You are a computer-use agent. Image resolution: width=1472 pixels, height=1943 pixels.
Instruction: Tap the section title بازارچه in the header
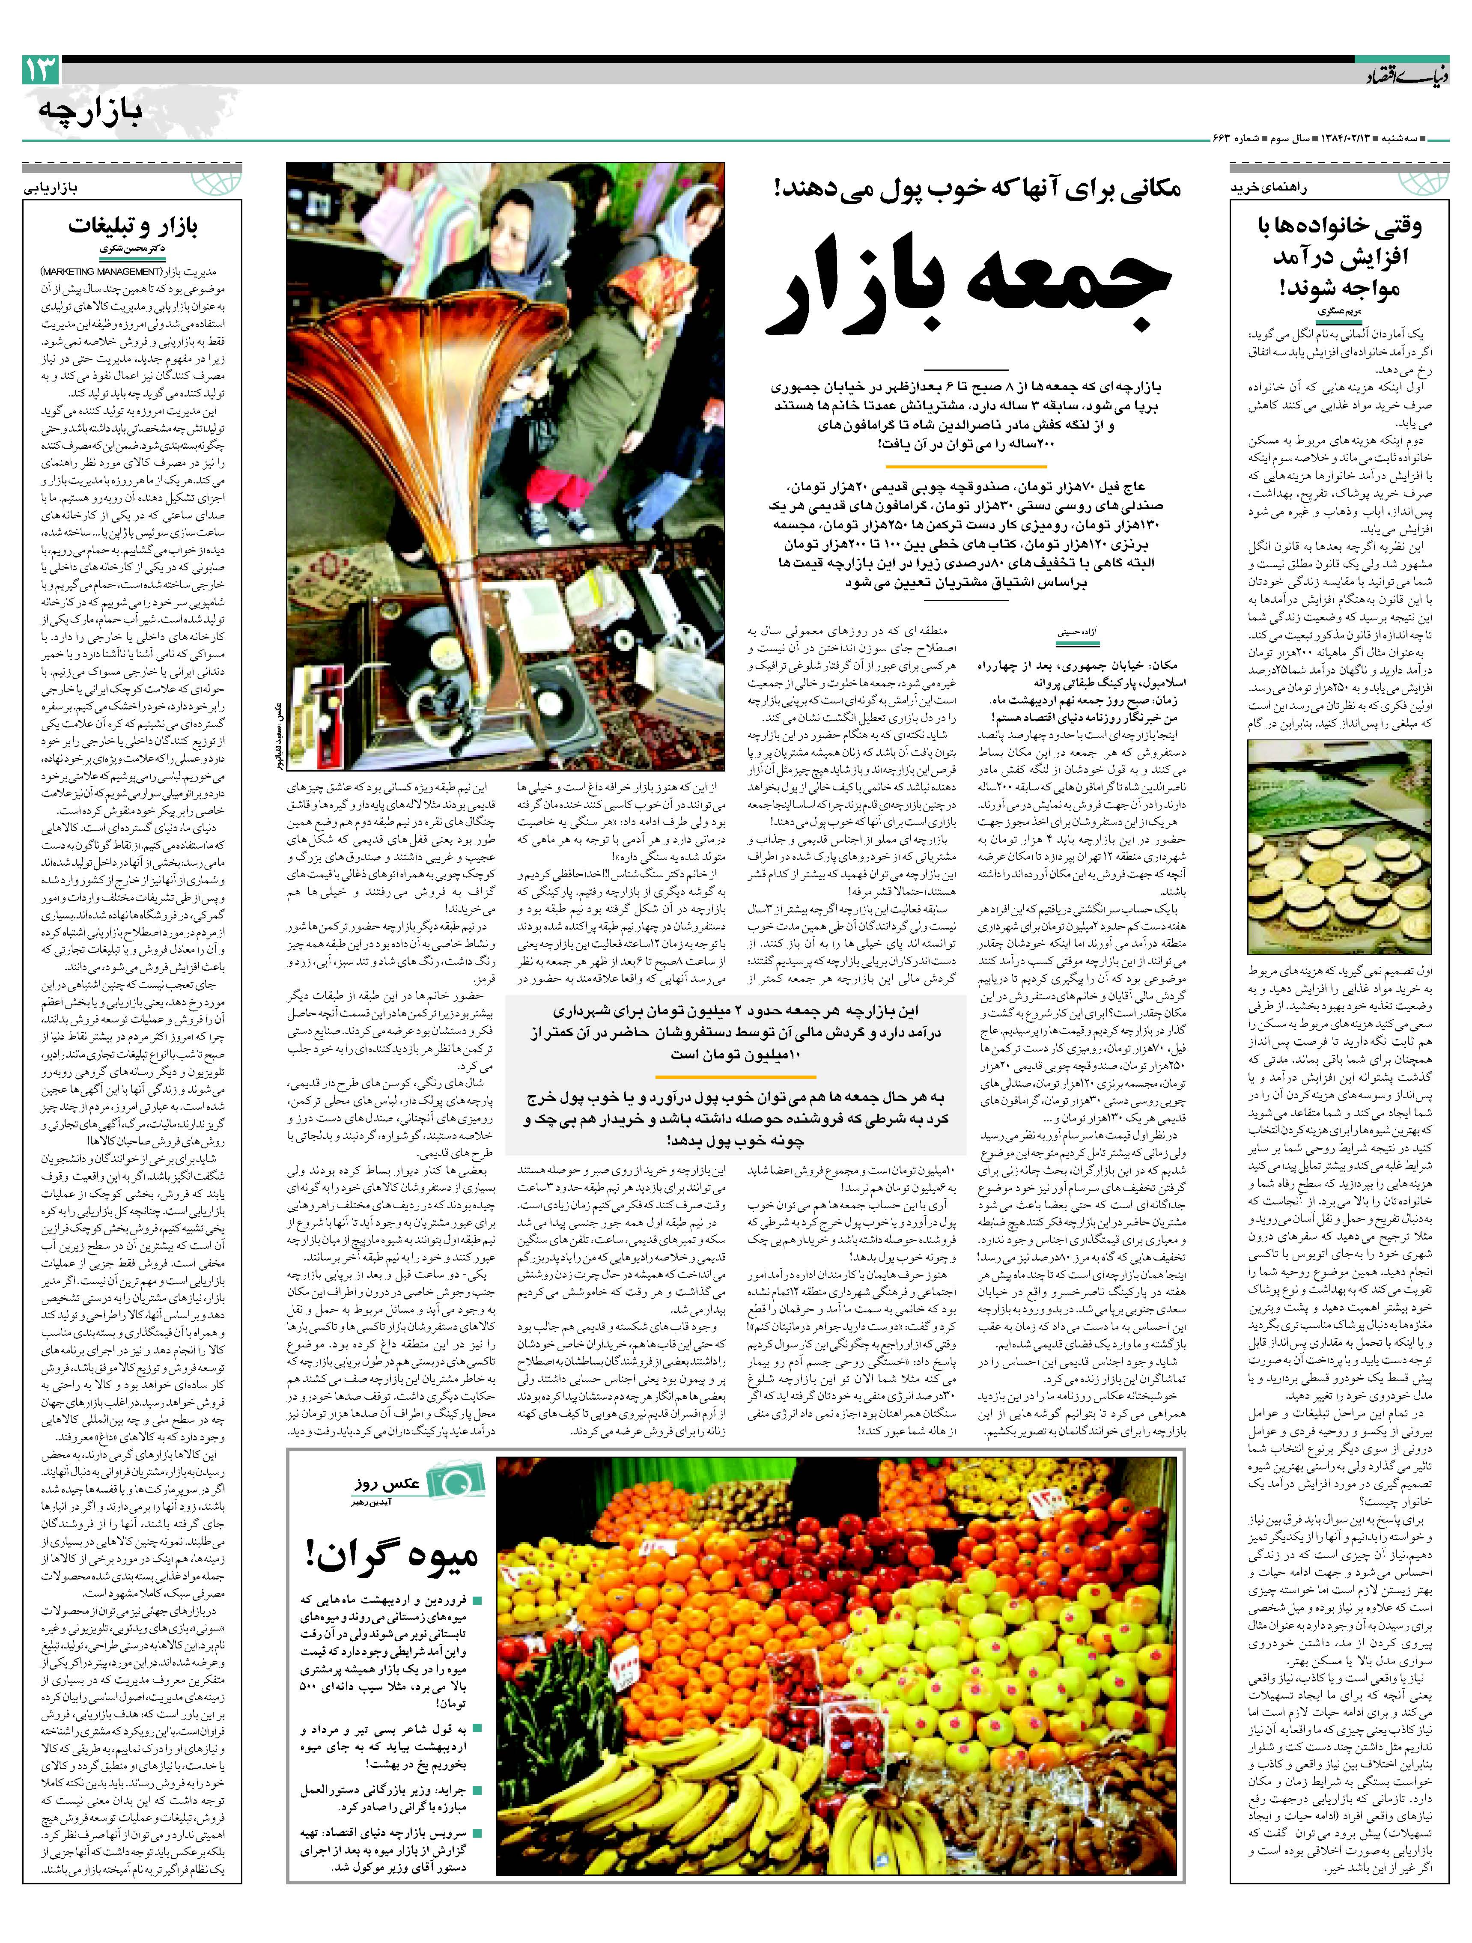90,112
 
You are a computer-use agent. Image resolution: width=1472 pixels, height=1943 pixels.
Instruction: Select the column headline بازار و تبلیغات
134,226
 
